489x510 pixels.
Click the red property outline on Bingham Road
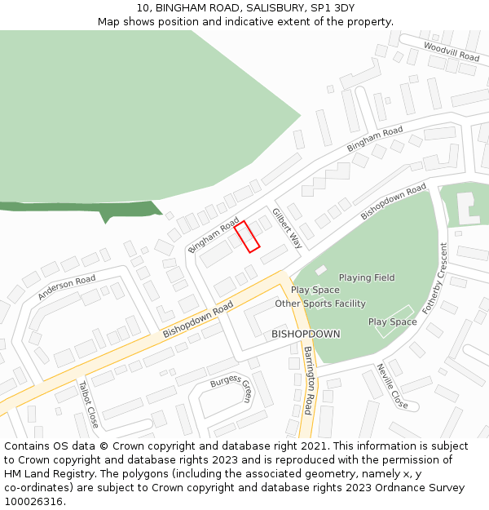(247, 236)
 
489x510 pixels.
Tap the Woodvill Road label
(452, 51)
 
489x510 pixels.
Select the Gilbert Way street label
(288, 228)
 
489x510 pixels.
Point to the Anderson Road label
(66, 287)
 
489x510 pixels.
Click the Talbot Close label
(88, 404)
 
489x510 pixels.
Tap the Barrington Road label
(309, 379)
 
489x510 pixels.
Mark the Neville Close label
(392, 386)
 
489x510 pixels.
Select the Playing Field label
(367, 277)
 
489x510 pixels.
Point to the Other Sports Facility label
(320, 304)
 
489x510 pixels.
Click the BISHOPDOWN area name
(306, 335)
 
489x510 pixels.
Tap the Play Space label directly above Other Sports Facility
(315, 290)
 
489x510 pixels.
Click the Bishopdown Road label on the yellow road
(198, 319)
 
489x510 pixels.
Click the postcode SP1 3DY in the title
(331, 8)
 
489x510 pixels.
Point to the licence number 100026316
(35, 502)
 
